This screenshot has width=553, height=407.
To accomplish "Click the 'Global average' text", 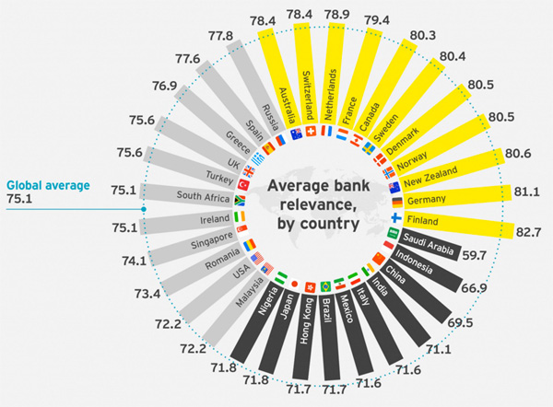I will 47,185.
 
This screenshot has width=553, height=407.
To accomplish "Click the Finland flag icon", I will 397,218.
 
